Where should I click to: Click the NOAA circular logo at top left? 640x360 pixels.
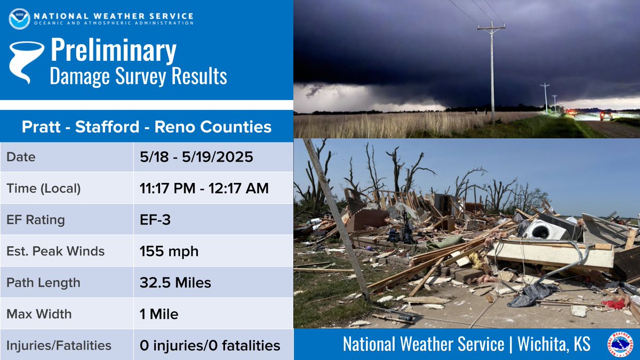click(x=19, y=19)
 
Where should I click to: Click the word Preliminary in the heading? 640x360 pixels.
click(x=113, y=51)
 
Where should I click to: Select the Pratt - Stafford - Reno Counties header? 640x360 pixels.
click(x=147, y=127)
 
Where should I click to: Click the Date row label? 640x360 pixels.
click(x=21, y=157)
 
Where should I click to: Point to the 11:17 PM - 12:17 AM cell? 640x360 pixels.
click(x=204, y=188)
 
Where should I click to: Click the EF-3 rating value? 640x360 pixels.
click(x=155, y=220)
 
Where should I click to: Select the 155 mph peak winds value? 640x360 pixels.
click(x=169, y=251)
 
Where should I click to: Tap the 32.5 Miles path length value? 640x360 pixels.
click(x=175, y=283)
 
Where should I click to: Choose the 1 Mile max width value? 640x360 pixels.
click(x=159, y=314)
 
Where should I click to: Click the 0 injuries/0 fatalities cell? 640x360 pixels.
click(x=210, y=346)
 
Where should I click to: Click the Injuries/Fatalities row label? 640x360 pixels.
click(x=59, y=346)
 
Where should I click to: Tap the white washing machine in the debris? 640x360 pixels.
click(x=544, y=230)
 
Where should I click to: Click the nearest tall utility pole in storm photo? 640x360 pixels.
click(x=491, y=69)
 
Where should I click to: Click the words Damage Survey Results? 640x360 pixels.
click(x=138, y=76)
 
